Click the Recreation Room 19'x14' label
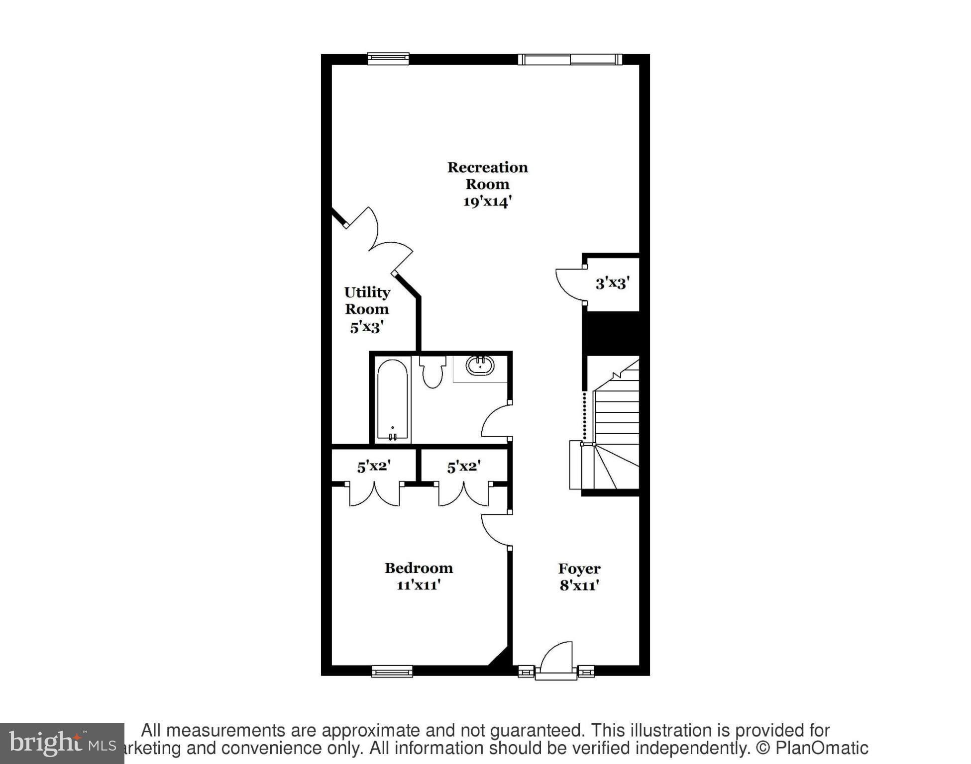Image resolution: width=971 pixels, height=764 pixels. (487, 184)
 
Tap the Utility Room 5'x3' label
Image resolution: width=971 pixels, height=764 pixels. (367, 309)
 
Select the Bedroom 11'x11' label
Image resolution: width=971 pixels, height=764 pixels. (419, 576)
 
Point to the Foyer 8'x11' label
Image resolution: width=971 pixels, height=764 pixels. (579, 576)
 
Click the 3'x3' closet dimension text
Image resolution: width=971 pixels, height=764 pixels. (612, 283)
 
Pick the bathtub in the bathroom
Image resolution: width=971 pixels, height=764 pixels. (392, 400)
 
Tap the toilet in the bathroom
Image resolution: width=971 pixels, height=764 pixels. (432, 373)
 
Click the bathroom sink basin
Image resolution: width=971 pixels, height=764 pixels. (480, 366)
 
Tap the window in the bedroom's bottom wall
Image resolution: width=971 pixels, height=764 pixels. (392, 672)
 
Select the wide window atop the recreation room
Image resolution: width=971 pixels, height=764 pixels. (570, 60)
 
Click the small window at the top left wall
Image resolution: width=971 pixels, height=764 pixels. (388, 59)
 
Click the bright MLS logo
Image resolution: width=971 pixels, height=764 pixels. (62, 743)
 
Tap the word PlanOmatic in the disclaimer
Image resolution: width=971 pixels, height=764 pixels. (821, 748)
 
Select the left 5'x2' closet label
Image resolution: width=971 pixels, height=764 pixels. (374, 467)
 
